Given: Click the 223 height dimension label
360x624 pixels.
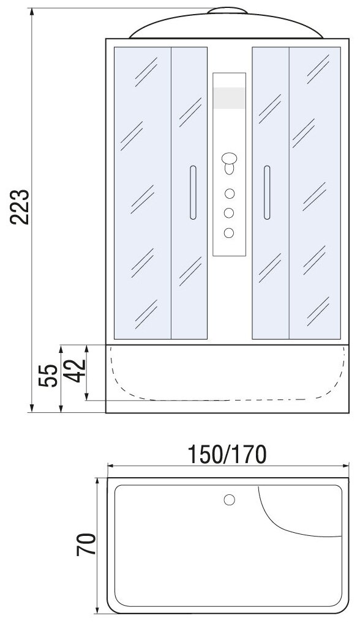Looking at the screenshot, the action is click(20, 207).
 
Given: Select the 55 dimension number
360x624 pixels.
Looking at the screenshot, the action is click(48, 375).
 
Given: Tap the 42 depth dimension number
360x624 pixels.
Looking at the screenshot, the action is click(76, 371).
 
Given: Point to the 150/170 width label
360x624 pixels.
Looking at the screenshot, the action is click(227, 455).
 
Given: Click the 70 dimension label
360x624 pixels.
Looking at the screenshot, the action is click(86, 544).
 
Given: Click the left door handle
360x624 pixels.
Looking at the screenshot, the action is click(193, 193).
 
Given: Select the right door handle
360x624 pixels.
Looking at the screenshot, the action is click(267, 193).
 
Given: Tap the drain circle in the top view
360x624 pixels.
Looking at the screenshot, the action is click(229, 500).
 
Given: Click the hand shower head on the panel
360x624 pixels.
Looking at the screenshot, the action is click(229, 163).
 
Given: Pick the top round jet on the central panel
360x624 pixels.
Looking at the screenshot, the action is click(229, 194).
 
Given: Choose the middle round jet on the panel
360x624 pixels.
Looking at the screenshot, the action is click(229, 213).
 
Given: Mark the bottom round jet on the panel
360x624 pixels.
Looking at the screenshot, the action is click(229, 233).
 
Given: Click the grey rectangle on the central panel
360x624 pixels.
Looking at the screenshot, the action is click(229, 98).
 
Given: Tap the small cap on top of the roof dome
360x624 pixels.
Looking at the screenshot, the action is click(227, 10).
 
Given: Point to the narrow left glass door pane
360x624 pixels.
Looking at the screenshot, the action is click(189, 193).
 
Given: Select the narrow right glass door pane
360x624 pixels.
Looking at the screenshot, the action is click(271, 193).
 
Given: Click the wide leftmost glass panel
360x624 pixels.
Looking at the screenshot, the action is click(143, 193).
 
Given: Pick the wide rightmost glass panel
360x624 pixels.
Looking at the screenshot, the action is click(315, 193).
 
